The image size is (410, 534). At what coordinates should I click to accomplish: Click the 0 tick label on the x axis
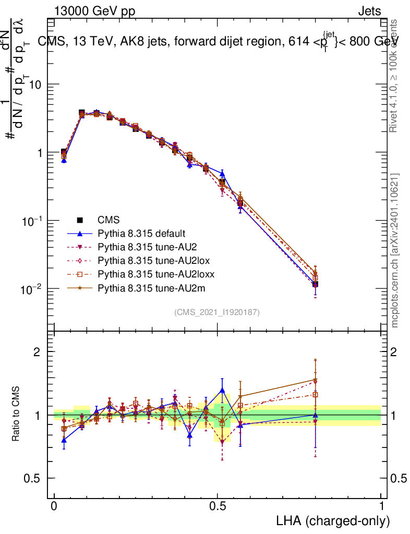click(x=54, y=506)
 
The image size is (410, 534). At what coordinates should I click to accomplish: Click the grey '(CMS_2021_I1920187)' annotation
click(x=217, y=312)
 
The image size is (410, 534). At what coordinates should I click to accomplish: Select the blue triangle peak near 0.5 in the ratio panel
click(x=222, y=390)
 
